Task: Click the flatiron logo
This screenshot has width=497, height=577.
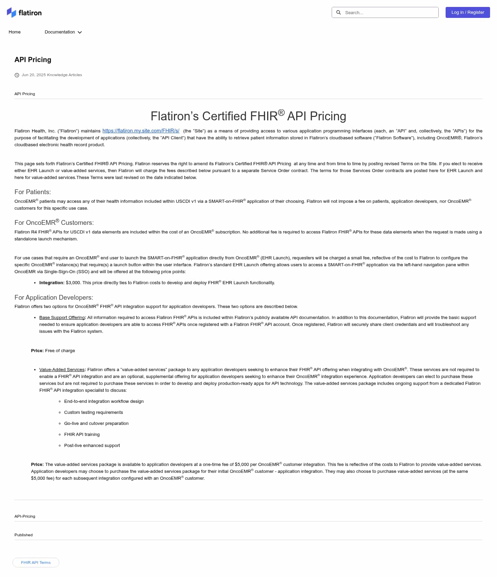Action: point(24,13)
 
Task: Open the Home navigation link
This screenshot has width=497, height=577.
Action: point(14,32)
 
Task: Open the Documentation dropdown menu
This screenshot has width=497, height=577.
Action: point(63,32)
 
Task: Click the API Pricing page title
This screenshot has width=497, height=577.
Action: point(33,60)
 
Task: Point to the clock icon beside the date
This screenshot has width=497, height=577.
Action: point(17,75)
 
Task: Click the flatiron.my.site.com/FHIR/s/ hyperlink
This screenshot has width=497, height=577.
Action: point(141,131)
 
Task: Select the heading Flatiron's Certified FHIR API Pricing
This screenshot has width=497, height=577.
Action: point(248,116)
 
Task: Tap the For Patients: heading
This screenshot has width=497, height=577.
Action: point(32,192)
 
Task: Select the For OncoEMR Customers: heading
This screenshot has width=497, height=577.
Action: point(54,222)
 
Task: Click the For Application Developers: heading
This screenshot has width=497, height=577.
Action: point(53,297)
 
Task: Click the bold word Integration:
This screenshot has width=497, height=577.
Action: point(52,283)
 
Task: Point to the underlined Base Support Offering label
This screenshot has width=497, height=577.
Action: point(62,318)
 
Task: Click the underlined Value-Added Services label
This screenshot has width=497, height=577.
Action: point(62,370)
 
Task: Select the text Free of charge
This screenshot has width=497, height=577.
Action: point(60,351)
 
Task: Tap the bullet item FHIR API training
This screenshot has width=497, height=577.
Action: point(82,435)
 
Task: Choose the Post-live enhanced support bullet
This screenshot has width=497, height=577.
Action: point(92,446)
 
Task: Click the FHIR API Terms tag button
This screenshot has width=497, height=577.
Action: point(36,563)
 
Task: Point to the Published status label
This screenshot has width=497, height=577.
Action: point(23,535)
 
